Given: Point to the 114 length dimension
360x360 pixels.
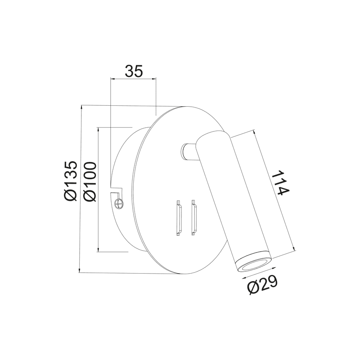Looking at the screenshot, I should click(x=279, y=183).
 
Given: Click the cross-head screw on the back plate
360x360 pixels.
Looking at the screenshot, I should click(x=119, y=203).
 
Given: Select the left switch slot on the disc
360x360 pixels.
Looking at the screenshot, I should click(x=178, y=217).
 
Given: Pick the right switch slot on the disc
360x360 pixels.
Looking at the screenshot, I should click(x=194, y=217).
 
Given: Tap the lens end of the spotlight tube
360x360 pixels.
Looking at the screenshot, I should click(x=253, y=264).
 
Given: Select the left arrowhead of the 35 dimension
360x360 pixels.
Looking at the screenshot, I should click(x=112, y=79).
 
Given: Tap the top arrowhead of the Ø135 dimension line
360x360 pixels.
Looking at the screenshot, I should click(x=81, y=108).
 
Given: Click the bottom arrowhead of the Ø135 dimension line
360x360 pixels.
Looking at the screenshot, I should click(x=81, y=270).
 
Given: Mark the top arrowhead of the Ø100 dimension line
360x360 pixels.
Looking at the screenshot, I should click(x=99, y=129).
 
